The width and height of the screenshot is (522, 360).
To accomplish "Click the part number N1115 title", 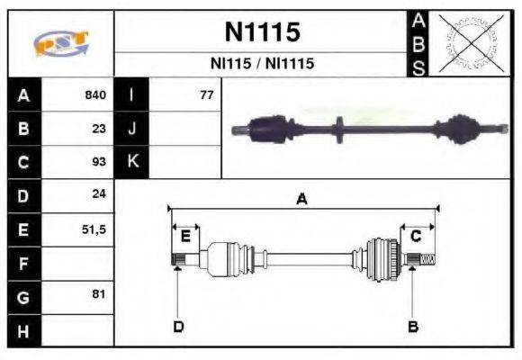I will pyautogui.click(x=262, y=32).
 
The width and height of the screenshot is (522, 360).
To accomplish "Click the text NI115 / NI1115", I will pyautogui.click(x=262, y=64).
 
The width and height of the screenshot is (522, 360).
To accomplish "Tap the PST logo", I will pyautogui.click(x=61, y=43).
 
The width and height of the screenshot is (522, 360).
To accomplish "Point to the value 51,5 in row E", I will pyautogui.click(x=94, y=229).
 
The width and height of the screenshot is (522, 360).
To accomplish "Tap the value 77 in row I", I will pyautogui.click(x=206, y=94).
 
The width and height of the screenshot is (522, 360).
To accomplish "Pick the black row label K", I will pyautogui.click(x=132, y=162).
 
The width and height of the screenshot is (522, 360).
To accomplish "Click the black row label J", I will pyautogui.click(x=132, y=128).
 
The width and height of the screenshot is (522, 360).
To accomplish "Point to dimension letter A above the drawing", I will pyautogui.click(x=302, y=200).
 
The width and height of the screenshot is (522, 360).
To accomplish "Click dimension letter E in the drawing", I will pyautogui.click(x=185, y=237).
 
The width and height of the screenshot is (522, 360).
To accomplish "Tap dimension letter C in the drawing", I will pyautogui.click(x=416, y=236).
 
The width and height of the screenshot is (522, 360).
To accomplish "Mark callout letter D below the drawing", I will pyautogui.click(x=178, y=326).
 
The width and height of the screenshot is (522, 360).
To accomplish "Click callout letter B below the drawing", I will pyautogui.click(x=413, y=326).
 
